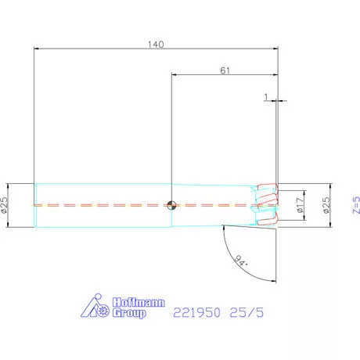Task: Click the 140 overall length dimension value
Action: [156, 45]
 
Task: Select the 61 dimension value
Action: [225, 70]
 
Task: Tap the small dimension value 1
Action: [266, 97]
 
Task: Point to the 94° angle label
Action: [241, 261]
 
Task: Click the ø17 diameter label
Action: [301, 205]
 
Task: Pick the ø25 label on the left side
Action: [4, 205]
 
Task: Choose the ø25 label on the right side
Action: [326, 205]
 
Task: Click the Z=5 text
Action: [356, 205]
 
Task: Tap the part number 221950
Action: [196, 312]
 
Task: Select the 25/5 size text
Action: [247, 312]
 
